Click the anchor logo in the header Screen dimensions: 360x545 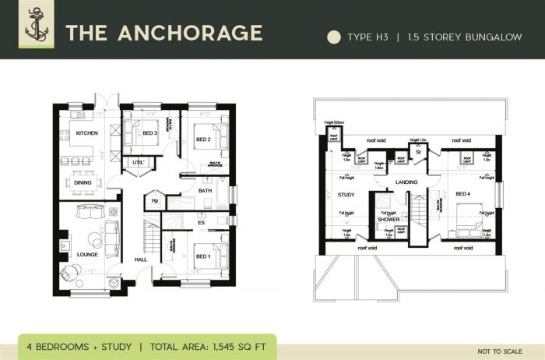36,29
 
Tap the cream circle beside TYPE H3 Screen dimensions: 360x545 334,37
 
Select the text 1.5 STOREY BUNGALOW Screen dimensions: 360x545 466,37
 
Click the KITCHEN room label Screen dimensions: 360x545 87,133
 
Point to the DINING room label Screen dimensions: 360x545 83,182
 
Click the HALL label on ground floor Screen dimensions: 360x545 141,259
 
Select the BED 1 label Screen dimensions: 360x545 202,256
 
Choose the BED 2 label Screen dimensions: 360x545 203,139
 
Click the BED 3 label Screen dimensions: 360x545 150,133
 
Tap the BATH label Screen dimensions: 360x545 206,190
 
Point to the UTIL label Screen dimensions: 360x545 139,162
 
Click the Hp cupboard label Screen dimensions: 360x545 155,201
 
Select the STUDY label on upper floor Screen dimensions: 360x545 346,195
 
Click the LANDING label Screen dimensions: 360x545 406,182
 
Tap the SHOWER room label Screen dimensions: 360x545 389,220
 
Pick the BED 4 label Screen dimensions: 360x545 463,193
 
